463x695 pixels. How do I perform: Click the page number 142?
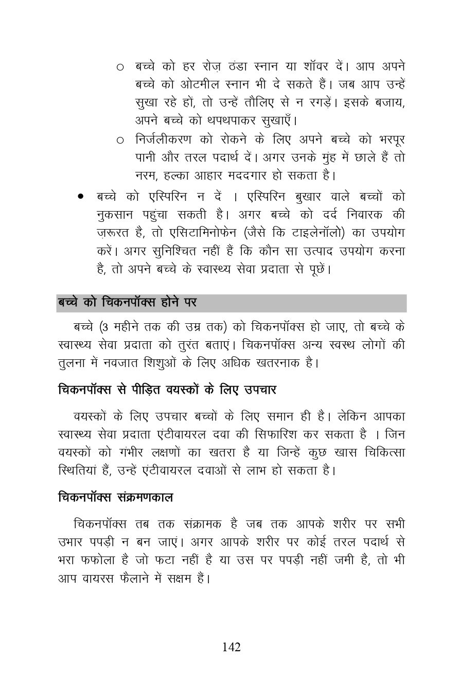tap(231, 647)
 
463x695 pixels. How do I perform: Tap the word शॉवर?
tap(324, 66)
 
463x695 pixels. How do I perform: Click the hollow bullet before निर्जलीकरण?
tap(120, 140)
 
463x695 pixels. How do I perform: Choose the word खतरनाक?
tap(278, 363)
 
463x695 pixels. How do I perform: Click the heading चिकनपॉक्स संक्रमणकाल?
tap(115, 498)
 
